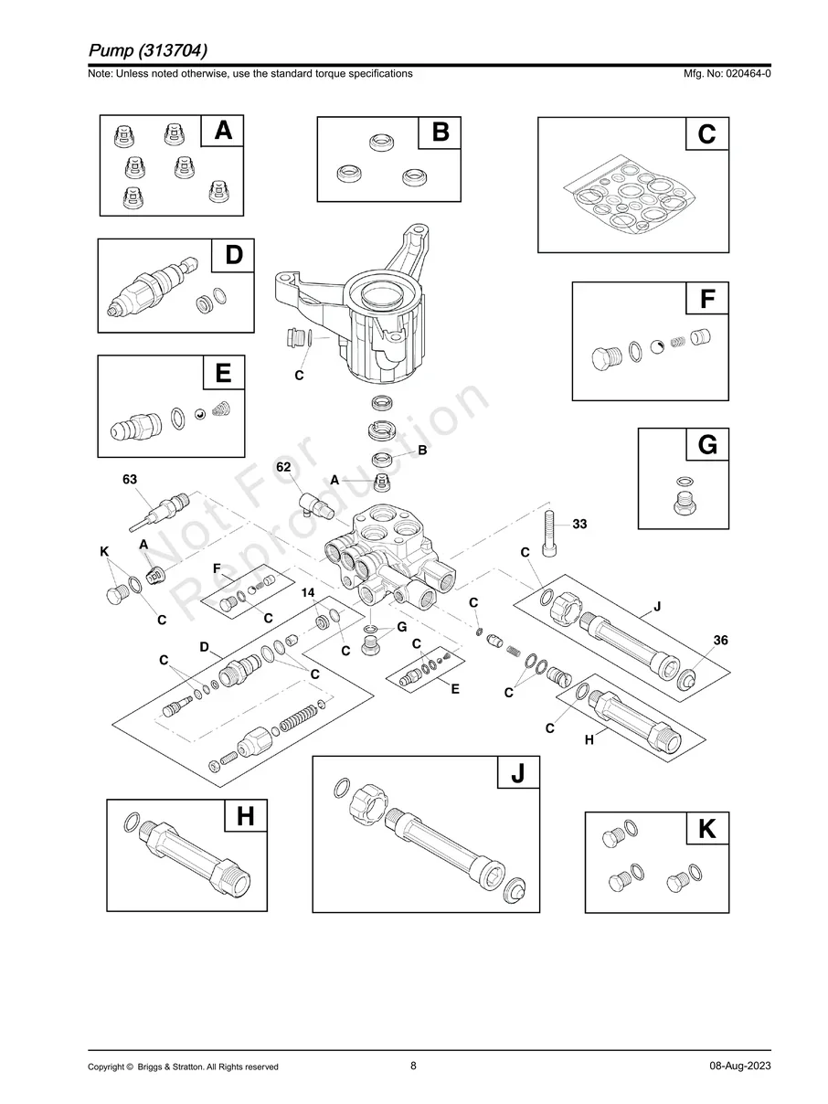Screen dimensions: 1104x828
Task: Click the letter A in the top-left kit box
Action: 222,132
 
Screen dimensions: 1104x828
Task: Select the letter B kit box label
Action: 440,133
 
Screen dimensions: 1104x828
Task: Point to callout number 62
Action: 283,467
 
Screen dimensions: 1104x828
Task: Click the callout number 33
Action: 579,525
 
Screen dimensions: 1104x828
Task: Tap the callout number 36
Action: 720,641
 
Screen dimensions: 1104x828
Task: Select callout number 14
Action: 308,594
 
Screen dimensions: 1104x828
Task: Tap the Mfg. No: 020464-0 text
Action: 727,74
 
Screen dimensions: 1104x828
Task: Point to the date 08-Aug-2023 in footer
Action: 739,1067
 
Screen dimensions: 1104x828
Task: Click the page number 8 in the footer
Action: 413,1066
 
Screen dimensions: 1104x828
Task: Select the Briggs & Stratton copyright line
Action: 183,1067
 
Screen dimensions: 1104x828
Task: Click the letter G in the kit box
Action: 706,446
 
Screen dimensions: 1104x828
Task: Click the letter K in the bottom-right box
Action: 706,830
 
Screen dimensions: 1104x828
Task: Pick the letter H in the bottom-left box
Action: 245,816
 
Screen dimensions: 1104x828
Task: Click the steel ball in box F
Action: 656,346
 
